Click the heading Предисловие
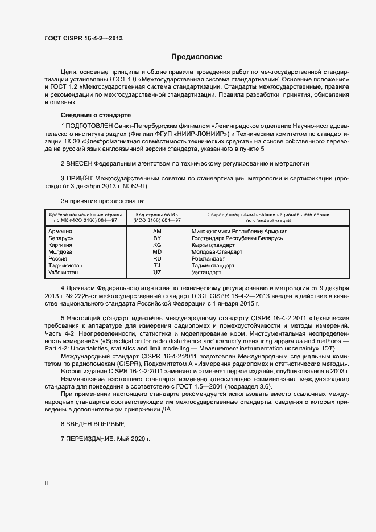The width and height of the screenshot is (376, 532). [197, 57]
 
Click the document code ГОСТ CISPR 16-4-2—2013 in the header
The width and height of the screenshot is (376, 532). [84, 39]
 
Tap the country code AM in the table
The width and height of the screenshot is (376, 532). [157, 232]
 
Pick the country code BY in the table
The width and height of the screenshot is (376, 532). [157, 238]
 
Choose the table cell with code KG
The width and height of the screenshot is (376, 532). [157, 245]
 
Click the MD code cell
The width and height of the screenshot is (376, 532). [157, 252]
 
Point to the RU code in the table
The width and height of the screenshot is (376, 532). [157, 259]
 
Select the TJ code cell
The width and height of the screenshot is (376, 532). [157, 266]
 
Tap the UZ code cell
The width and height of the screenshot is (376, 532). [157, 273]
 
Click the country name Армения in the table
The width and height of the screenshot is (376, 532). [60, 232]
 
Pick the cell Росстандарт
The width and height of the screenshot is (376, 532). [210, 259]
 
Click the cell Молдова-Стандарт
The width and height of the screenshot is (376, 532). [217, 252]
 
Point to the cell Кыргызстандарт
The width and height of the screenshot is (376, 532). [213, 245]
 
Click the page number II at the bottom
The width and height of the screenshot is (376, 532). [46, 484]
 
